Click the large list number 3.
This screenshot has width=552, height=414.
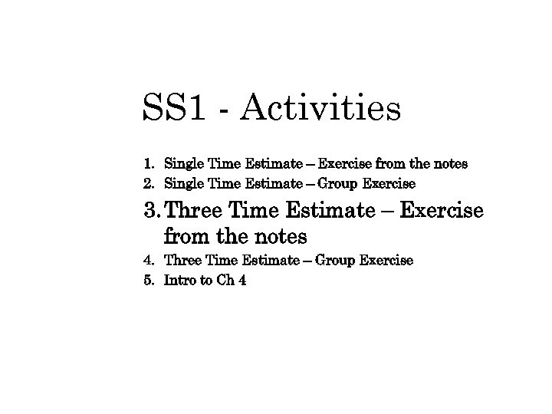click(151, 210)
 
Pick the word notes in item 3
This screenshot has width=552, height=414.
click(272, 235)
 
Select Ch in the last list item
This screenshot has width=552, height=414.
click(224, 281)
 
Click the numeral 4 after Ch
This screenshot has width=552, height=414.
click(242, 281)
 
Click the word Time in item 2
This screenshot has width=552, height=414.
click(224, 184)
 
